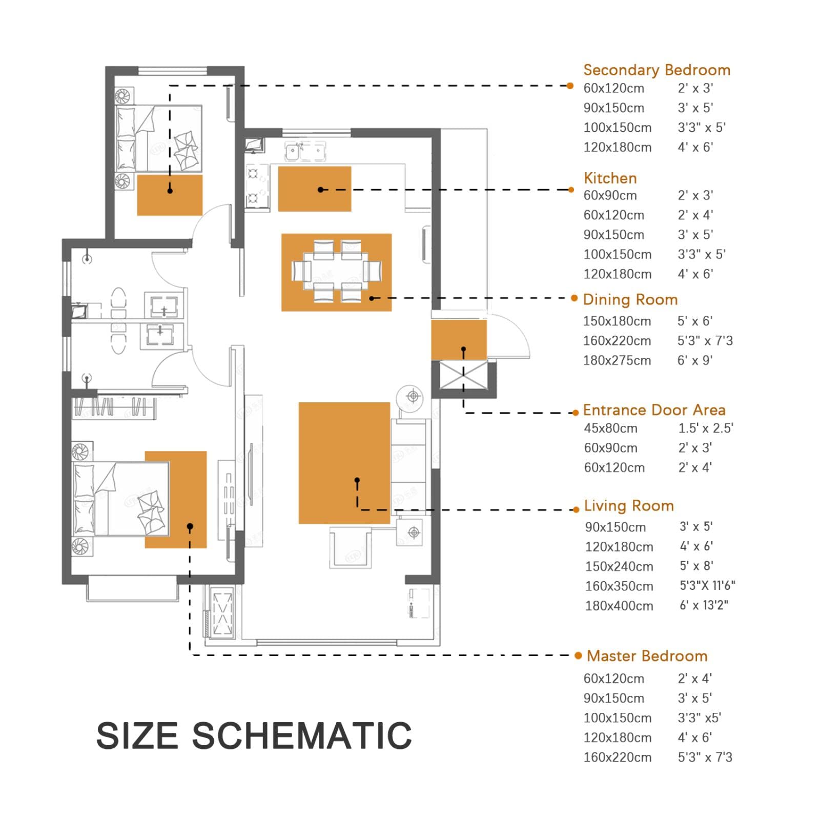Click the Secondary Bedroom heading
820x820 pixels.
(657, 70)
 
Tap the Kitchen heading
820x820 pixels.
(610, 178)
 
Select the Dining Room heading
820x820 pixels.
(630, 300)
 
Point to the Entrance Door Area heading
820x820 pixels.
(654, 410)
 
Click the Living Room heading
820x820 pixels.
(629, 506)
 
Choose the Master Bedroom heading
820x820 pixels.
(647, 656)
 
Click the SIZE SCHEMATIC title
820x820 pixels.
(254, 735)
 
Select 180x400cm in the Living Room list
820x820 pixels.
(619, 606)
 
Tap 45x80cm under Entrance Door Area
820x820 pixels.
(610, 428)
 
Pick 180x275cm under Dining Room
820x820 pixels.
(617, 361)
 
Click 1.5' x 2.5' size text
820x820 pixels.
(706, 428)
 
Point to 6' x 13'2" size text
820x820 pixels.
(704, 605)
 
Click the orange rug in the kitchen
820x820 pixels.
(315, 189)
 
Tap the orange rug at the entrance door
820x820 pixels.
(459, 340)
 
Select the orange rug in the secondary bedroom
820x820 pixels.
(170, 195)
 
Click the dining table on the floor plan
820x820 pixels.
(336, 271)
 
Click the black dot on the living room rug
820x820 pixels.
(357, 480)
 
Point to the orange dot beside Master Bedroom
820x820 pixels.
(578, 655)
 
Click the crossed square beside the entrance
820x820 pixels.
(463, 376)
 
